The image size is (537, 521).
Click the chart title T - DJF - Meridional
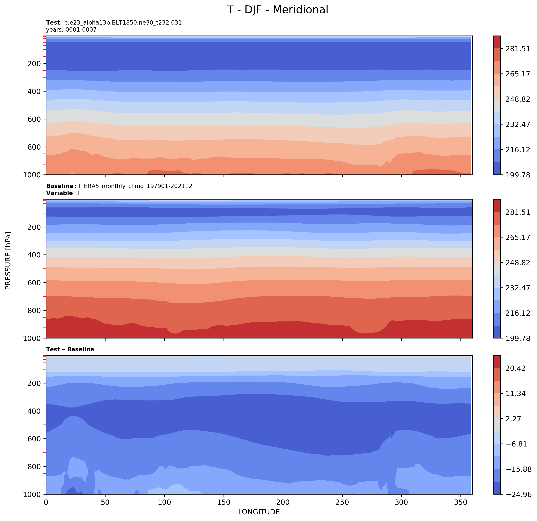[x=278, y=10]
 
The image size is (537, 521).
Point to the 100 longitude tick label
[x=164, y=502]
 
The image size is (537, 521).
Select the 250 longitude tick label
[x=342, y=502]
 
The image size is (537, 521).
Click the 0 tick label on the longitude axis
[x=46, y=502]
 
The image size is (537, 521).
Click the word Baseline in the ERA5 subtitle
[x=60, y=186]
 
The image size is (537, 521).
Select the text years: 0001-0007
[x=71, y=30]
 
